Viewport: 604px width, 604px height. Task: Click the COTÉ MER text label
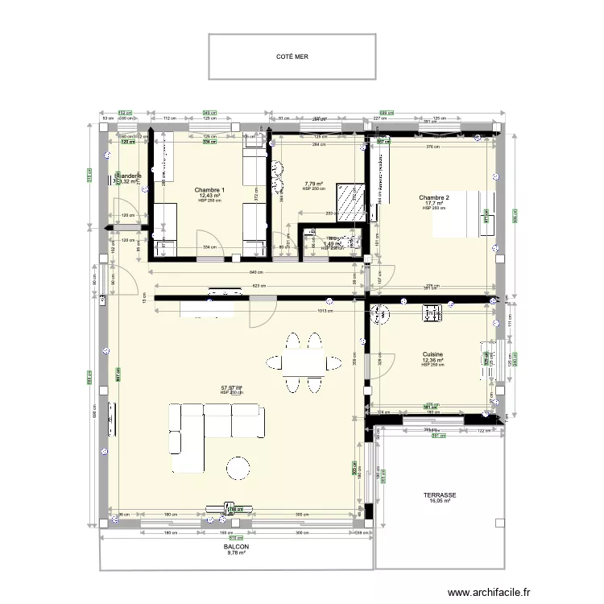[292, 57]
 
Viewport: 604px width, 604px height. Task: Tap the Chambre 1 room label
[209, 190]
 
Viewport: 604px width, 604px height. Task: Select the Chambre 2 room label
[433, 197]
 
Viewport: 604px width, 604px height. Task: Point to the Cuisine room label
[432, 354]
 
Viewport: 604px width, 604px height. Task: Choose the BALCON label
[237, 547]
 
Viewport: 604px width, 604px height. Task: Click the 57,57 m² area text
[231, 387]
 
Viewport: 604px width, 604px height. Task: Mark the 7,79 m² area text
[312, 184]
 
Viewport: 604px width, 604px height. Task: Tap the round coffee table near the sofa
[238, 468]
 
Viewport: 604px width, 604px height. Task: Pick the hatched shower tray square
[350, 201]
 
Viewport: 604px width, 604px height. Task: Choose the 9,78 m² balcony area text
[237, 553]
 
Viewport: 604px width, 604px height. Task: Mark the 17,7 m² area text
[434, 203]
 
